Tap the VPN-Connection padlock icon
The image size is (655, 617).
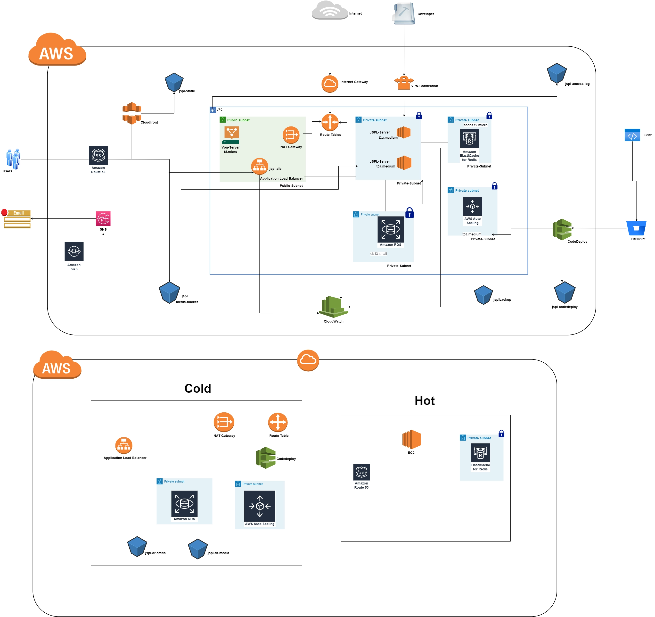(404, 83)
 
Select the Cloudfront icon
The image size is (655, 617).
(132, 113)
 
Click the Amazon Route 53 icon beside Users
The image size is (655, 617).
(98, 155)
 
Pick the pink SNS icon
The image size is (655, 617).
(103, 218)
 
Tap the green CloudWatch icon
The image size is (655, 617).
(333, 307)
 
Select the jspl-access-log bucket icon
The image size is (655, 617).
(556, 73)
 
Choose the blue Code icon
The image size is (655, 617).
(632, 135)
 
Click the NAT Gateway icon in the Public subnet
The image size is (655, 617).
(291, 135)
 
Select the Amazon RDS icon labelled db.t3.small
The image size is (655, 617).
(390, 229)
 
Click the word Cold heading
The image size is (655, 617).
(198, 388)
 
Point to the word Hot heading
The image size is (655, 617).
(424, 400)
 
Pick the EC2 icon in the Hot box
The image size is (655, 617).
(411, 439)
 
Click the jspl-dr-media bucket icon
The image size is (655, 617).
(198, 549)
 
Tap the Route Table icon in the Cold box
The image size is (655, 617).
(278, 422)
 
